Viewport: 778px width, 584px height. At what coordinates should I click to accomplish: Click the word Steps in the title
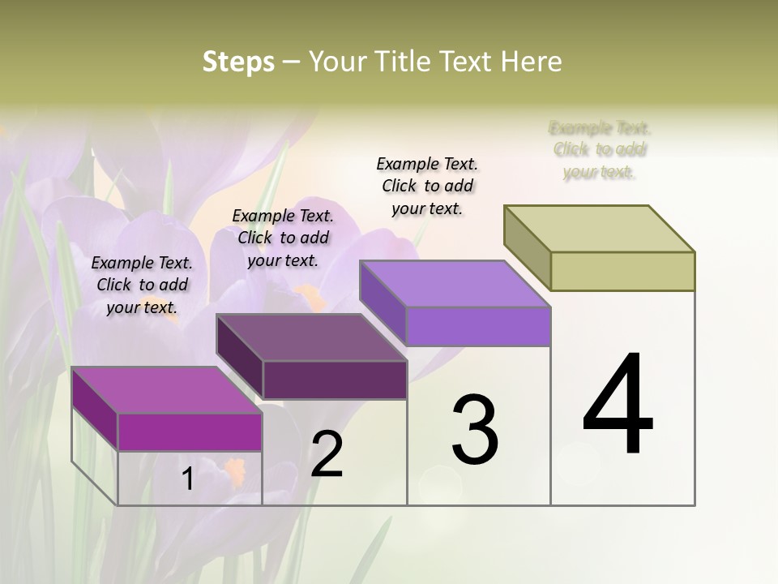pos(238,62)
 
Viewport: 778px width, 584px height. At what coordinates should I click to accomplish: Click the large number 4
pos(618,406)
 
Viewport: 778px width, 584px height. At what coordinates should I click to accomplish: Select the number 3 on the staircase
pos(475,431)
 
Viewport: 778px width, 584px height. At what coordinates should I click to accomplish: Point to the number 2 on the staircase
pos(327,454)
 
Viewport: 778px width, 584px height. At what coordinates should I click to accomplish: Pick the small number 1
pos(188,479)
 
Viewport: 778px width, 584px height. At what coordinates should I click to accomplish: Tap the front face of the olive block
pos(622,271)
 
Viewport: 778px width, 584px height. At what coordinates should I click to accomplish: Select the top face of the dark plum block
pos(311,337)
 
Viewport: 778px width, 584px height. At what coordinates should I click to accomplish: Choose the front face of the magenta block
pos(190,432)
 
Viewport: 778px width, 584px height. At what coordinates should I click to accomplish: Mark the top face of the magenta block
pos(167,390)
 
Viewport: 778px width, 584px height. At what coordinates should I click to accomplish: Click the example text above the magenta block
pos(142,285)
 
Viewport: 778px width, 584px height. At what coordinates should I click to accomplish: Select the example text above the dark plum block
pos(283,238)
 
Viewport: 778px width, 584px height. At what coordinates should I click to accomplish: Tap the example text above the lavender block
pos(427,186)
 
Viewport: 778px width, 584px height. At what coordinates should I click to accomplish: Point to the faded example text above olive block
pos(600,149)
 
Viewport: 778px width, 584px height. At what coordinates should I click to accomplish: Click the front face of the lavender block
pos(478,327)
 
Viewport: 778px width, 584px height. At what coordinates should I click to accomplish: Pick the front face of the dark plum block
pos(334,380)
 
